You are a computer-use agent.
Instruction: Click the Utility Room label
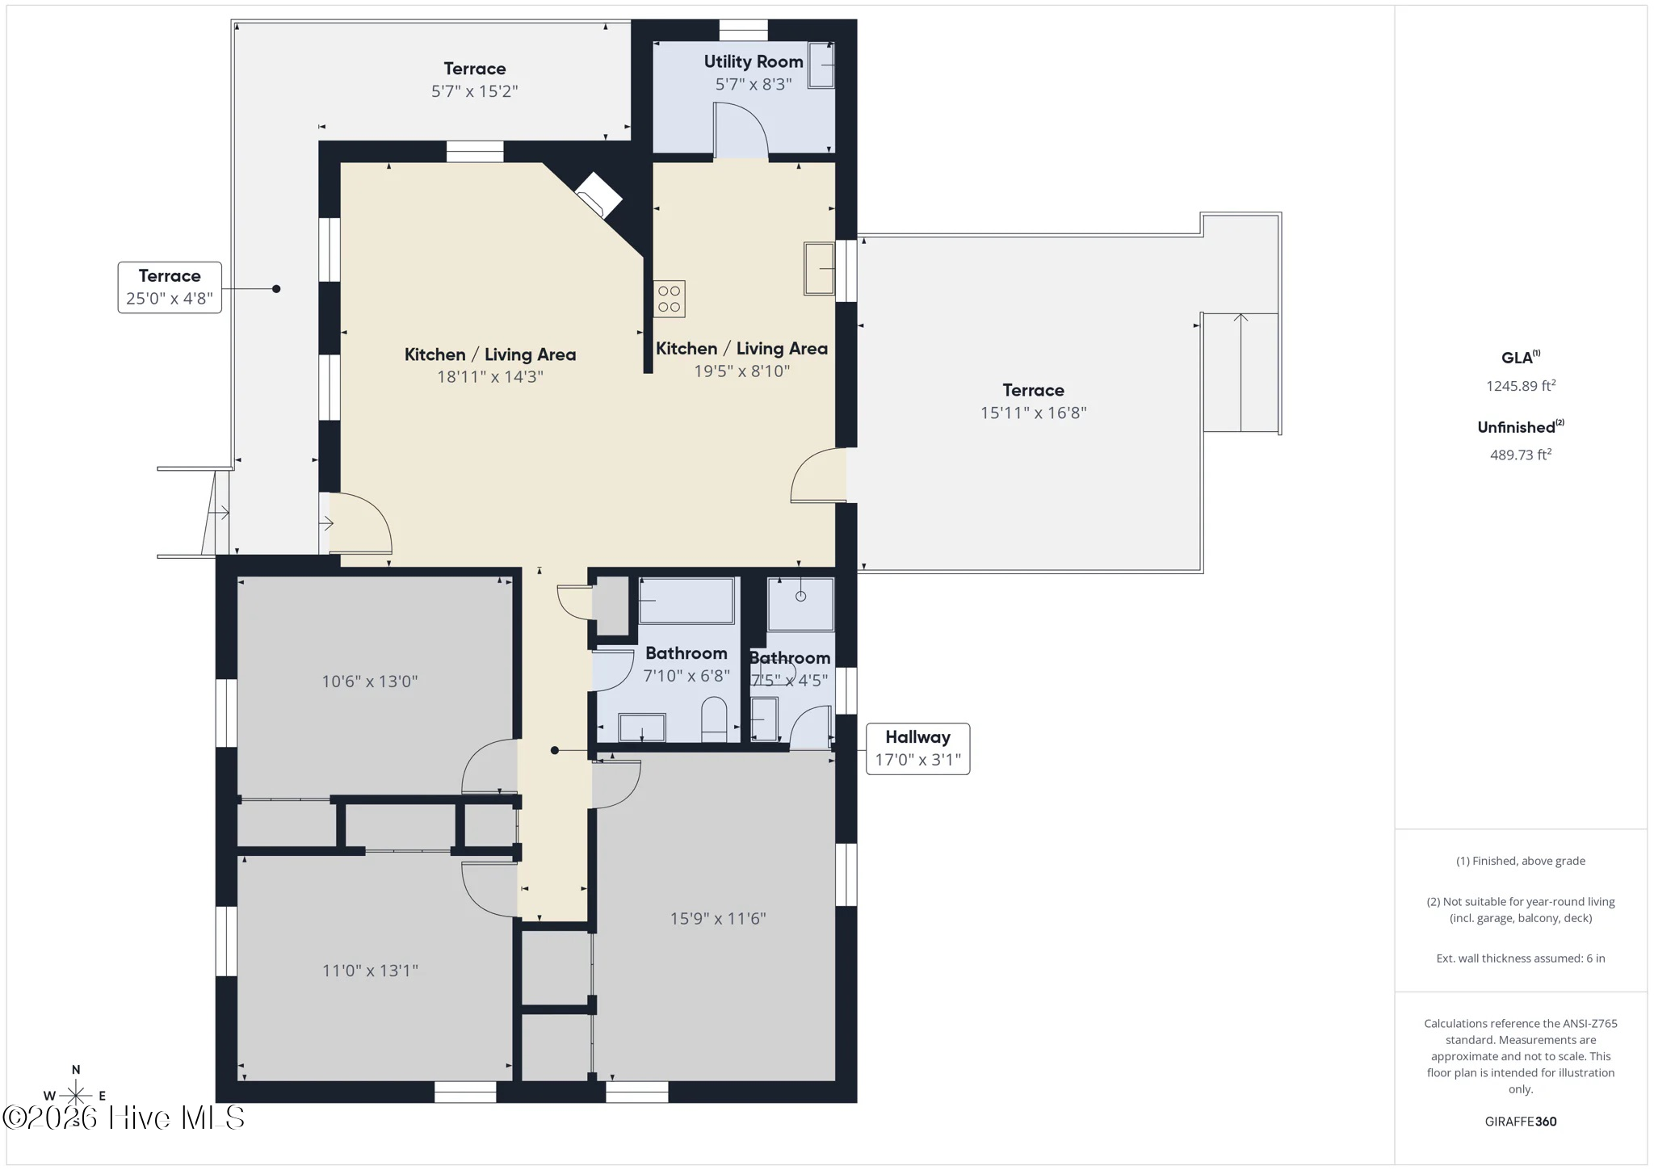[x=753, y=61]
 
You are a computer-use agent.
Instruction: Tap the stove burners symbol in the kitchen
[x=670, y=298]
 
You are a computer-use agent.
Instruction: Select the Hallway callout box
[x=918, y=749]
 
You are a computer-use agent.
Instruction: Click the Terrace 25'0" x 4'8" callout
[x=170, y=287]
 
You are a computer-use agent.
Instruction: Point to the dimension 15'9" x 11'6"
[x=718, y=918]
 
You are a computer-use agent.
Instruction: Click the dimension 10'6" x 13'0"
[x=370, y=681]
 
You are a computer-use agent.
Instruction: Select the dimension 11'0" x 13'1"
[x=370, y=971]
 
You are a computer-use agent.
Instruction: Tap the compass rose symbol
[x=75, y=1095]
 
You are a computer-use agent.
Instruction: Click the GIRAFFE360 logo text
[x=1521, y=1121]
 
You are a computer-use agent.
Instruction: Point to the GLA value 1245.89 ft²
[x=1521, y=386]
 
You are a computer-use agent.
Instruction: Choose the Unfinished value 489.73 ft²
[x=1521, y=455]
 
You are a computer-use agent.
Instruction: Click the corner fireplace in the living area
[x=598, y=195]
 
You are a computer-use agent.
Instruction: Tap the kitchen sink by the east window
[x=819, y=269]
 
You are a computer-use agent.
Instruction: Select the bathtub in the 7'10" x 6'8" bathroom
[x=686, y=600]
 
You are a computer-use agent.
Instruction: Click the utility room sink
[x=821, y=64]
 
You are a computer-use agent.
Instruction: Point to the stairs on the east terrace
[x=1240, y=372]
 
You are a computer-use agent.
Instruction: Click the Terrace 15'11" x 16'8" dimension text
[x=1034, y=413]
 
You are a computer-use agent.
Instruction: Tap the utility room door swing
[x=741, y=129]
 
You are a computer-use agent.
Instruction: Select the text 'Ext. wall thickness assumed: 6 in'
[x=1521, y=958]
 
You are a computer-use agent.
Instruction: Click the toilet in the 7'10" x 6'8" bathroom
[x=715, y=719]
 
